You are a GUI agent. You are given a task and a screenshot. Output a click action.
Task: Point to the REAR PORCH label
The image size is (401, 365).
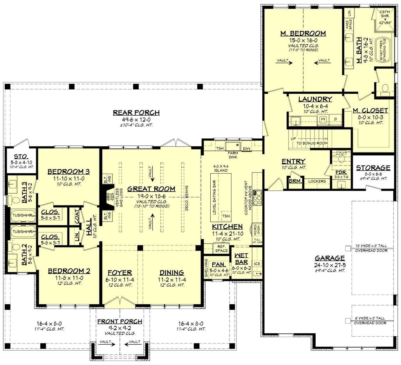pyautogui.click(x=136, y=113)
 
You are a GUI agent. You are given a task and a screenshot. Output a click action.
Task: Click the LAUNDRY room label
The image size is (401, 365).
pyautogui.click(x=315, y=100)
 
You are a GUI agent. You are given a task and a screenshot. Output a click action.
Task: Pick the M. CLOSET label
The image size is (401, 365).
pyautogui.click(x=370, y=111)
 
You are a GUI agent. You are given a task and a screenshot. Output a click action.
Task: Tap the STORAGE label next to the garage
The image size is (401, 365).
pyautogui.click(x=373, y=168)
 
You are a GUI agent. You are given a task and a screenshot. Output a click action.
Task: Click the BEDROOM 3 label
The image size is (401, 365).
pyautogui.click(x=69, y=171)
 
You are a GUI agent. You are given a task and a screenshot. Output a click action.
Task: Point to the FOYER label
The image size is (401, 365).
pyautogui.click(x=119, y=273)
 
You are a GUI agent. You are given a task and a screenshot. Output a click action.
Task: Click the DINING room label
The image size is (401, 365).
pyautogui.click(x=171, y=273)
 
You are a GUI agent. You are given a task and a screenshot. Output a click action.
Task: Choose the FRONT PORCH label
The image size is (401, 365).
pyautogui.click(x=119, y=321)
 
